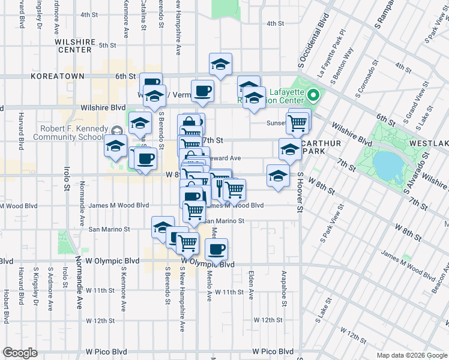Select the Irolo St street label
tap(64, 175)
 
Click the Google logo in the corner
tap(20, 353)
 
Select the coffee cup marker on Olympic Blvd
tap(216, 248)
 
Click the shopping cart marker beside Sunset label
tap(298, 124)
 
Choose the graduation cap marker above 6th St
tap(221, 64)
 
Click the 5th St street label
tap(107, 45)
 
